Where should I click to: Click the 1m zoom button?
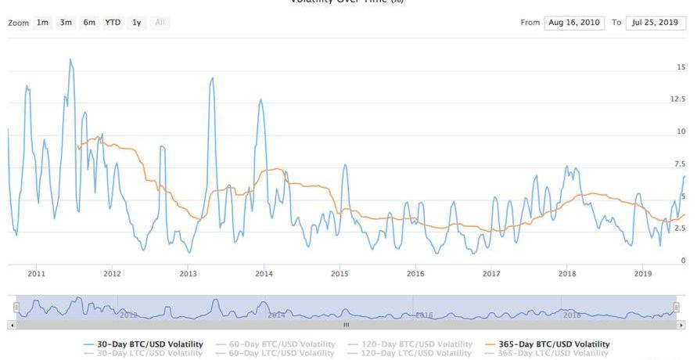pyautogui.click(x=42, y=23)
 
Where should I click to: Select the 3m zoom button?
pyautogui.click(x=66, y=23)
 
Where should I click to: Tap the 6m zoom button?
pyautogui.click(x=89, y=23)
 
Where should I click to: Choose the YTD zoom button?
pyautogui.click(x=113, y=23)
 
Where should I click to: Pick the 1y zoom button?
pyautogui.click(x=137, y=23)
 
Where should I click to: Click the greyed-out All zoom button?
pyautogui.click(x=160, y=23)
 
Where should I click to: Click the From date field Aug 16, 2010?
pyautogui.click(x=574, y=23)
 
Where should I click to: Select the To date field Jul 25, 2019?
pyautogui.click(x=656, y=23)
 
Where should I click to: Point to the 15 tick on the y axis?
pyautogui.click(x=681, y=68)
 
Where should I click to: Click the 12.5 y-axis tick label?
pyautogui.click(x=677, y=99)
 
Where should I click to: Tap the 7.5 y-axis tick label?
pyautogui.click(x=680, y=164)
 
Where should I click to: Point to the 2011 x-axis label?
pyautogui.click(x=36, y=274)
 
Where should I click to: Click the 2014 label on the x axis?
pyautogui.click(x=264, y=274)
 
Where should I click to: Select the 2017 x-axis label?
pyautogui.click(x=491, y=274)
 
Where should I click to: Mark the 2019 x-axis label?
pyautogui.click(x=643, y=274)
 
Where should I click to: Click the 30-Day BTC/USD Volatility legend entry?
pyautogui.click(x=149, y=344)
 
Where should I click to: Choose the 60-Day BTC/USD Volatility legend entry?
pyautogui.click(x=282, y=344)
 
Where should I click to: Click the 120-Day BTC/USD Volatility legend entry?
pyautogui.click(x=419, y=344)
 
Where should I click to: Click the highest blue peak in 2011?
pyautogui.click(x=70, y=59)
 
